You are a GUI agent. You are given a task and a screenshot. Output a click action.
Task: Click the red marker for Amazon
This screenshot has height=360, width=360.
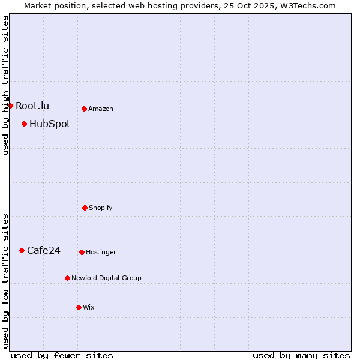[84, 109]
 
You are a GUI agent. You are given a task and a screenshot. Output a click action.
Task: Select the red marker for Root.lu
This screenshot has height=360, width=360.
[10, 106]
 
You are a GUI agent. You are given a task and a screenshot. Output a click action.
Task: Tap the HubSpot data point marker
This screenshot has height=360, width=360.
[24, 124]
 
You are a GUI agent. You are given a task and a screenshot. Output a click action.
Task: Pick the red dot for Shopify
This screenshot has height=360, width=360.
[85, 208]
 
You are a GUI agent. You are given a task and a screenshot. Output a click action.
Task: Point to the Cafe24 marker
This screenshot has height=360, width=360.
[22, 250]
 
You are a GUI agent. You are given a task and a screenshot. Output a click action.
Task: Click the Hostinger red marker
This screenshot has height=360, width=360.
[82, 252]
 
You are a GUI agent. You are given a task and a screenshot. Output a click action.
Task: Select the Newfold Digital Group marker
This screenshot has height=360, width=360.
[67, 278]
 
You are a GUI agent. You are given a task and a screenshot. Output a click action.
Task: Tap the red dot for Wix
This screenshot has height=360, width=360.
[79, 307]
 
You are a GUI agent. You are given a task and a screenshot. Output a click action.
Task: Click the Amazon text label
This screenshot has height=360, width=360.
[101, 109]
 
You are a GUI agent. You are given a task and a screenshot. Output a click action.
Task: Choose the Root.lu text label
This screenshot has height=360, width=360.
[32, 106]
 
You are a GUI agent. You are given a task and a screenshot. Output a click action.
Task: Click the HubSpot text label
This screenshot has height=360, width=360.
[50, 124]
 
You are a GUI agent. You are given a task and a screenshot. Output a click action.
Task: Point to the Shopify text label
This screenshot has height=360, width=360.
[101, 208]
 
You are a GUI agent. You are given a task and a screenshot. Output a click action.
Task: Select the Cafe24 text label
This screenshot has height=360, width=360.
[44, 251]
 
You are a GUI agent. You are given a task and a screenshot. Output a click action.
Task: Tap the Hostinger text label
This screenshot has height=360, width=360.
[101, 253]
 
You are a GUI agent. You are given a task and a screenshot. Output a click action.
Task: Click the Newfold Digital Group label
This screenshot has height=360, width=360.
[106, 278]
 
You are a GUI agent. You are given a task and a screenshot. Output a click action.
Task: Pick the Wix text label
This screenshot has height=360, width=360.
[89, 308]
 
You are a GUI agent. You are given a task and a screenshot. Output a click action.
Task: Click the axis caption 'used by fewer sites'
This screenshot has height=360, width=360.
[62, 356]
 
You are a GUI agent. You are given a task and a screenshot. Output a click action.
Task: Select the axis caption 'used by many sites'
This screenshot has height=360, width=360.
[301, 356]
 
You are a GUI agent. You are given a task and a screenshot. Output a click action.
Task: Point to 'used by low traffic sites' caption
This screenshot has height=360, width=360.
[6, 280]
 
